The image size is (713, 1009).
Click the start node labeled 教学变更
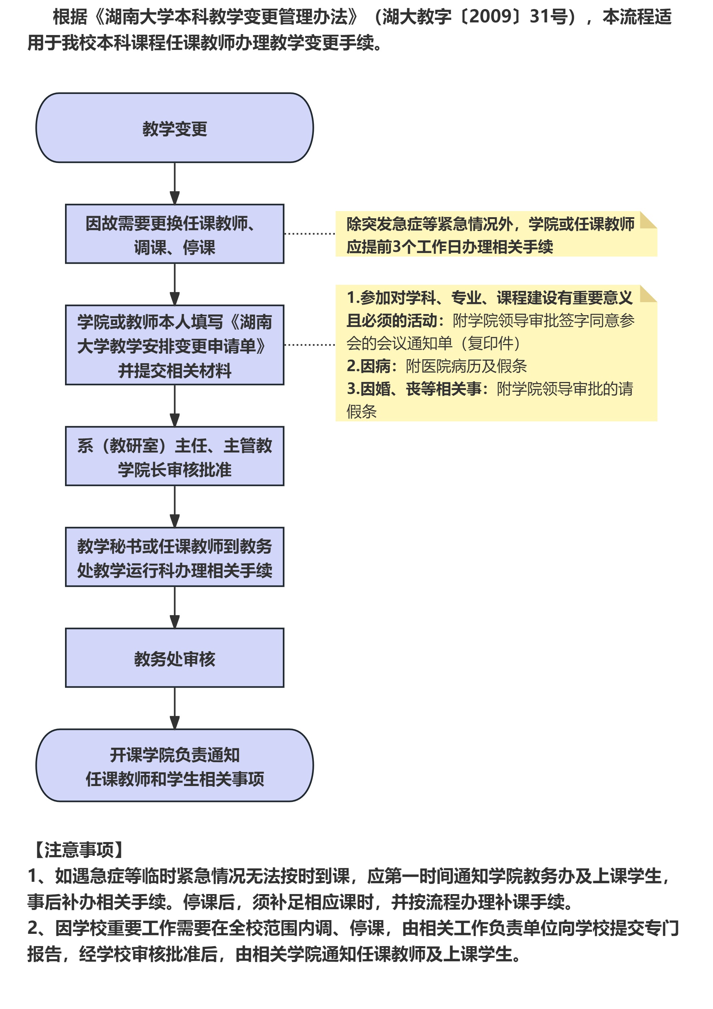point(174,128)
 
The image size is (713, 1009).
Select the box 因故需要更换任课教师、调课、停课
point(174,234)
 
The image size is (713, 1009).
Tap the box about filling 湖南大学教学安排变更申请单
point(174,345)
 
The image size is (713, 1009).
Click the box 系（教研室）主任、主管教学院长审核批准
point(174,456)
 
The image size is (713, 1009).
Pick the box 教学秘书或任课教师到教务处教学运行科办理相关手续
point(174,557)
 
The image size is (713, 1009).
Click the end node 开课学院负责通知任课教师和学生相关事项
point(174,766)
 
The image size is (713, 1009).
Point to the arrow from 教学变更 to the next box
point(174,183)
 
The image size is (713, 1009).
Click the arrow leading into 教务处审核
point(174,607)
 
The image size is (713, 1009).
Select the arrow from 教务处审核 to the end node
point(174,708)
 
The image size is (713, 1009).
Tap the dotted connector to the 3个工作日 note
point(310,234)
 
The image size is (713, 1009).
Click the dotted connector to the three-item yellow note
point(310,345)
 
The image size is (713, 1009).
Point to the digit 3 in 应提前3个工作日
point(396,247)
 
